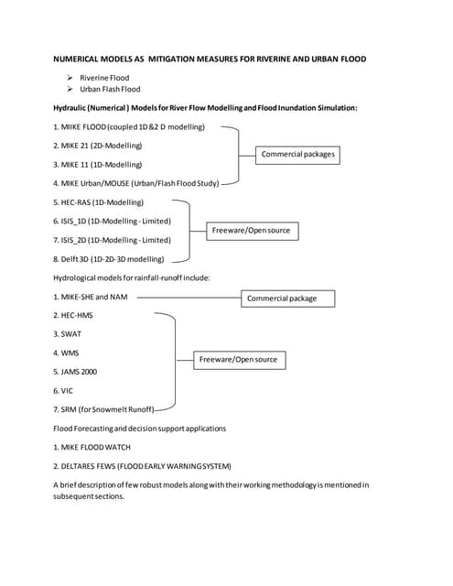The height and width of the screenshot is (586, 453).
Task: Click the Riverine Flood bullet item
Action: [103, 78]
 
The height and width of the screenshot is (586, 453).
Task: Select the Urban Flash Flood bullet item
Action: [109, 90]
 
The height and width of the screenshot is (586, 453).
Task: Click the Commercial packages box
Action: [297, 154]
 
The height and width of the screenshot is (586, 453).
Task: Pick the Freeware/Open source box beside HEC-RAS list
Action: [251, 230]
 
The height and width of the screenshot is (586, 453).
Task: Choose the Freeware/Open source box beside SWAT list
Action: [238, 360]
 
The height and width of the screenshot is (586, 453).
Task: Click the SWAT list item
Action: [68, 334]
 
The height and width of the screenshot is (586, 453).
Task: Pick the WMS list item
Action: [67, 353]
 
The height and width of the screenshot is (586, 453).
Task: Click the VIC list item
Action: [63, 391]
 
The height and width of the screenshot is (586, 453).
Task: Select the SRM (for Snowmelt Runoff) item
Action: [102, 409]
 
